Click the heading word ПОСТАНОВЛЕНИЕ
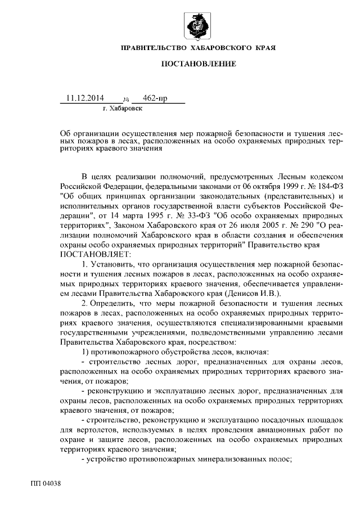[x=199, y=65]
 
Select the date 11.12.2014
[x=85, y=98]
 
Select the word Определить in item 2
[x=114, y=303]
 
